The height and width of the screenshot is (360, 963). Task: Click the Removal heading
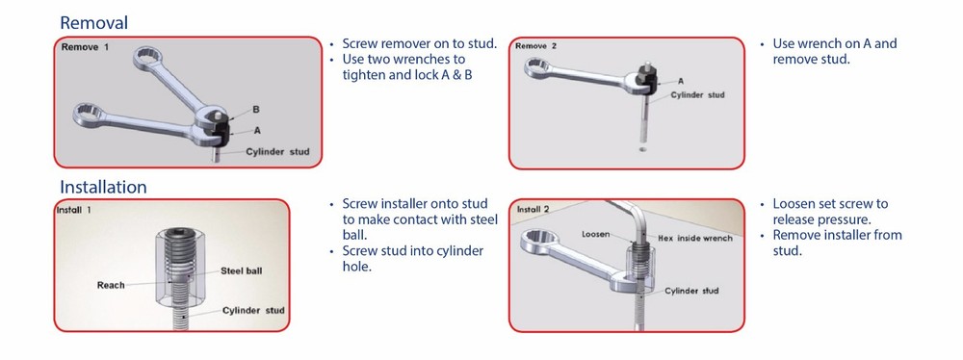click(x=94, y=23)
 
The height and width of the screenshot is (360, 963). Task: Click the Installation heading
click(x=103, y=187)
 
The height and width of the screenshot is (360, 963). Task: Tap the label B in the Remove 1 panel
click(x=256, y=110)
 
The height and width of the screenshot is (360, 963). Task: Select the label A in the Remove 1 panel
click(x=257, y=130)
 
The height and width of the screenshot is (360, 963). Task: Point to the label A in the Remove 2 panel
click(x=681, y=81)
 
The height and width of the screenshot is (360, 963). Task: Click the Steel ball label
click(x=241, y=270)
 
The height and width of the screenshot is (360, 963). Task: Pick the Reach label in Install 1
click(x=111, y=285)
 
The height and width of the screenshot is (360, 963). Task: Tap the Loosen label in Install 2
click(x=596, y=234)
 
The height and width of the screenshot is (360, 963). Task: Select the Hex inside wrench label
click(x=694, y=238)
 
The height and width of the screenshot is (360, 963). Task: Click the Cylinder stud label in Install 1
click(x=253, y=310)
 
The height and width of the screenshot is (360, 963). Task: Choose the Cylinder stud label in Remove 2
click(x=697, y=94)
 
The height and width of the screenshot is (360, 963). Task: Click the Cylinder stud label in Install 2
click(x=691, y=291)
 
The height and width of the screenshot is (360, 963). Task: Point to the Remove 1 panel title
click(x=85, y=47)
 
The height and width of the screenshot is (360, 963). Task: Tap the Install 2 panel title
click(x=534, y=210)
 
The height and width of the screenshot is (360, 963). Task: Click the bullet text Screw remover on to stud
click(x=420, y=43)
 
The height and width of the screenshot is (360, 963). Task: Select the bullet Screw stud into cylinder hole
click(x=413, y=259)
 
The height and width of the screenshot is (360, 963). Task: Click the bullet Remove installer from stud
click(x=837, y=243)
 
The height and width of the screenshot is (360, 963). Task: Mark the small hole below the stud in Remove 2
click(x=642, y=148)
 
